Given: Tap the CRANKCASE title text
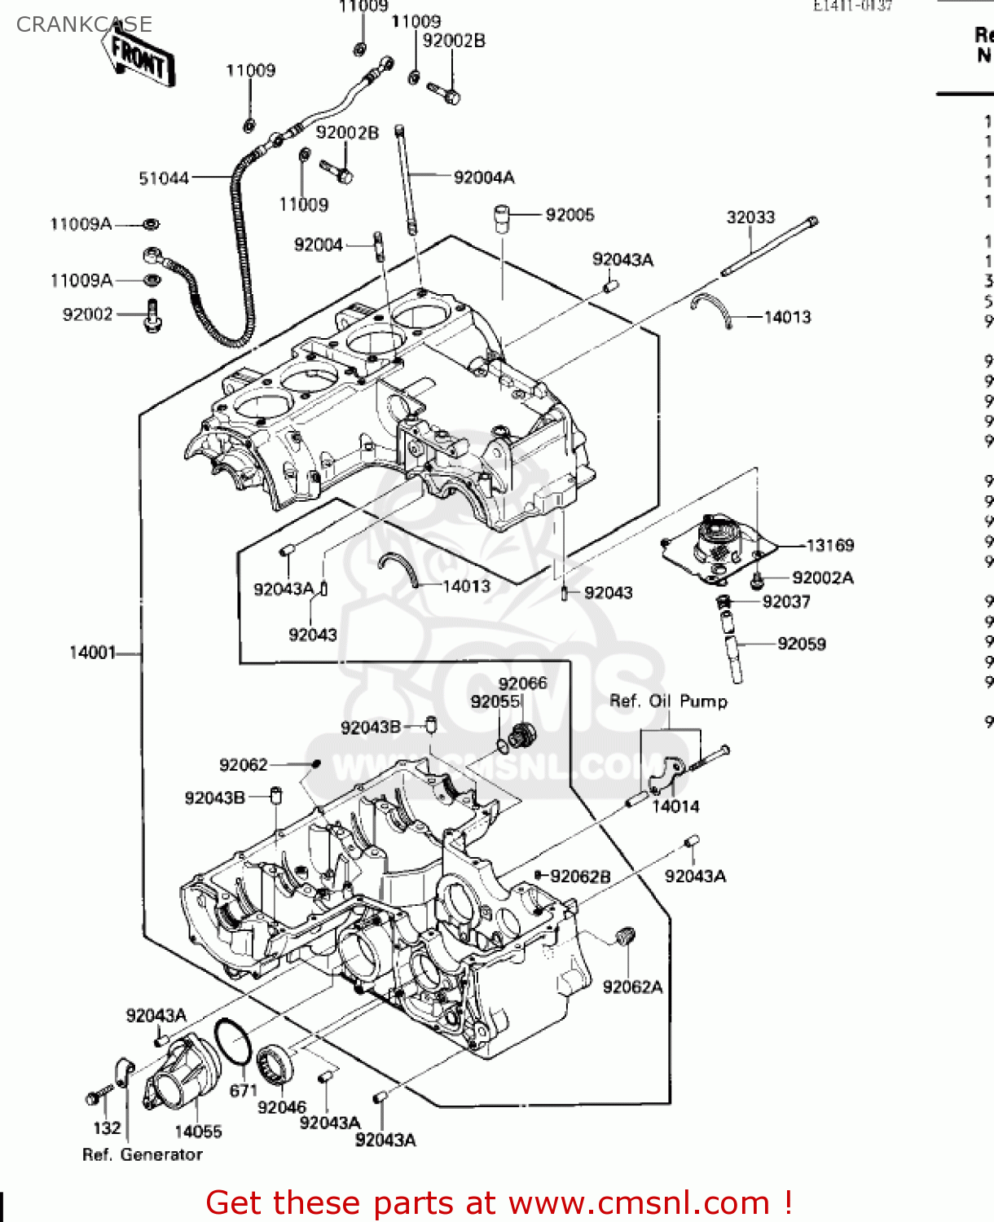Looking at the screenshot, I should coord(84,24).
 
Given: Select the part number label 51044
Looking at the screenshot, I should coord(163,178).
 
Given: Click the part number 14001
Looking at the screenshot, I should coord(92,653).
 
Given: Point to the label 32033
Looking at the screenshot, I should coord(750,218).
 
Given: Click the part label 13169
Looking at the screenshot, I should coord(829,546).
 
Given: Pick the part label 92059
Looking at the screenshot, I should coord(801,644).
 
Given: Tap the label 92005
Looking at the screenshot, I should coord(570,215).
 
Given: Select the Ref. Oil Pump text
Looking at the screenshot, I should coord(668,701).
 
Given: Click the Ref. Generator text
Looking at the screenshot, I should coord(143,1154).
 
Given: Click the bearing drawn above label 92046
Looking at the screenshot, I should coord(275,1064).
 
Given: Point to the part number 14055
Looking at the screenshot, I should coord(198,1132).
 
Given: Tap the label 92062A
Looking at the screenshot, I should coord(632,987).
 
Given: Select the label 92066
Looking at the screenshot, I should coord(522,684).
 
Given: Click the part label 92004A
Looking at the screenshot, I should coord(484,178).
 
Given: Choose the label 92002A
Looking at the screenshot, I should coord(822,578).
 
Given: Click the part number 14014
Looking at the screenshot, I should coord(675,807).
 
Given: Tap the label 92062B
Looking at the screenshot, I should coord(580,877).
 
